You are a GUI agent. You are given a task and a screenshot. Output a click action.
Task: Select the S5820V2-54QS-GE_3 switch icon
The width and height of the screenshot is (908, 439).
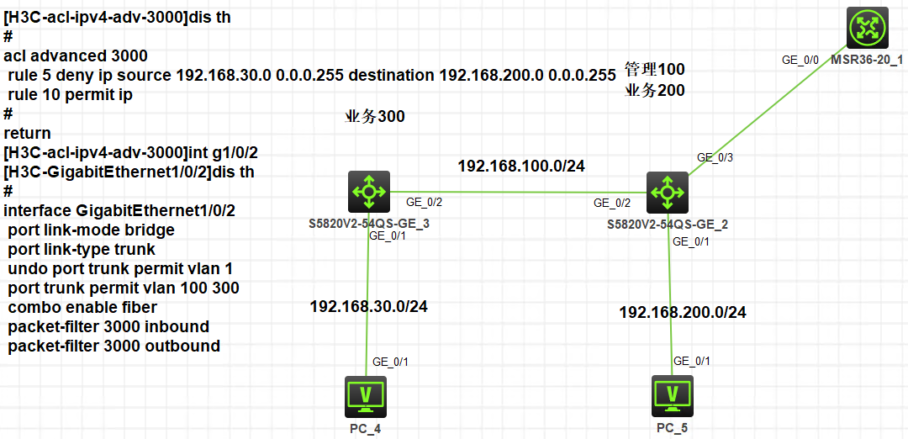pos(369,193)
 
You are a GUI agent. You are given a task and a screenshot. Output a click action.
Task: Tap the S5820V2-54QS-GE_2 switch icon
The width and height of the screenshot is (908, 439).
pos(668,193)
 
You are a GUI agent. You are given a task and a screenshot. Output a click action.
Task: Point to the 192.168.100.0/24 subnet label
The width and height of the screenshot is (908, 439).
pos(520,166)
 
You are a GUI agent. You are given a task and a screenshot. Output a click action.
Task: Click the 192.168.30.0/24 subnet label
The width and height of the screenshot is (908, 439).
pos(368,306)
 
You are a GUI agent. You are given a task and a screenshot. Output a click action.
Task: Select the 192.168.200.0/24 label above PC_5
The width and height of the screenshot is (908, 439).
pos(683,312)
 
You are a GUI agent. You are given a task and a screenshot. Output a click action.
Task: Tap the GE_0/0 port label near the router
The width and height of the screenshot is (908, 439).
pos(800,60)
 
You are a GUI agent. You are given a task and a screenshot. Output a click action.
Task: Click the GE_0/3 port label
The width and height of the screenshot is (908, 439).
pos(715,157)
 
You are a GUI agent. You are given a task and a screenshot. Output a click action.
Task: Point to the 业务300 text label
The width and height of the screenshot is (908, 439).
pos(375,116)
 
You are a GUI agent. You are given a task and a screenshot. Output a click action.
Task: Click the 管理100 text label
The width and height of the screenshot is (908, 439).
pos(654,69)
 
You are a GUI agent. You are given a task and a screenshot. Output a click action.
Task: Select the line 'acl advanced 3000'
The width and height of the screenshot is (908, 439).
pos(76,56)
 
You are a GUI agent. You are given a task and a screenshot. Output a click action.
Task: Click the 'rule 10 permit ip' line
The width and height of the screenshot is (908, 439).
pos(70,95)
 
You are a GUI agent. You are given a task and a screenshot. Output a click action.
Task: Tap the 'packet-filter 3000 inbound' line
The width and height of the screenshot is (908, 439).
pos(108,326)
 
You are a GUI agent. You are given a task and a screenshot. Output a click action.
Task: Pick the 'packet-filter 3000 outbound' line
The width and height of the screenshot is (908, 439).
pos(113,346)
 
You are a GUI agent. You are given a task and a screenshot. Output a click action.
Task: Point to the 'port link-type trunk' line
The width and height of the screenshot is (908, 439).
pos(82,249)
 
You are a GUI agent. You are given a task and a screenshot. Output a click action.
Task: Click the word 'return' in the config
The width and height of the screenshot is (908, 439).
pos(27,133)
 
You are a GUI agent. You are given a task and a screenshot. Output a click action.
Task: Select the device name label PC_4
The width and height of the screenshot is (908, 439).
pos(367,429)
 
